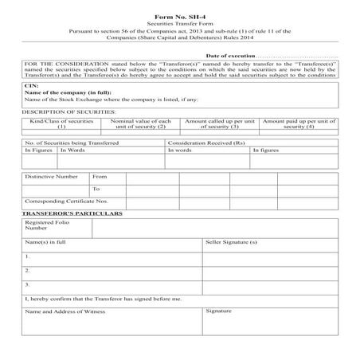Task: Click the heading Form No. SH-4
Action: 179,16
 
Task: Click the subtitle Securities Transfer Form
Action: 179,24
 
